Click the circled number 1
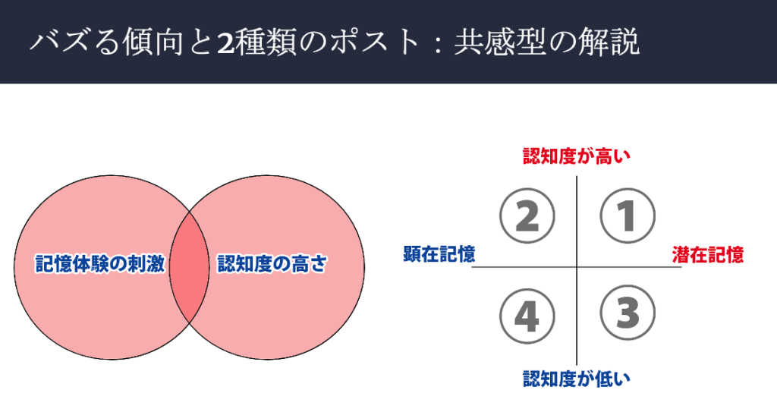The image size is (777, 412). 628,215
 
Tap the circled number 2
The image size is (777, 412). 527,215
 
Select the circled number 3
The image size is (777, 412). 628,313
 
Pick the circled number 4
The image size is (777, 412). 527,316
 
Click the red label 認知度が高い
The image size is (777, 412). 577,156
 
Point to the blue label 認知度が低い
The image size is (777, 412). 577,379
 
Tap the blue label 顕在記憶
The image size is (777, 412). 439,254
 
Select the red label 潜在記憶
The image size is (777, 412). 708,254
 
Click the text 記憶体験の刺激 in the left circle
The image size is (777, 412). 100,263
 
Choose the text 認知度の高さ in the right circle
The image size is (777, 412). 272,263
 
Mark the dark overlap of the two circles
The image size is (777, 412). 189,267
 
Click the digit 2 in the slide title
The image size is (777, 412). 225,42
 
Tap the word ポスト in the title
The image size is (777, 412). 375,42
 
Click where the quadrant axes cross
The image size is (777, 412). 577,267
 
